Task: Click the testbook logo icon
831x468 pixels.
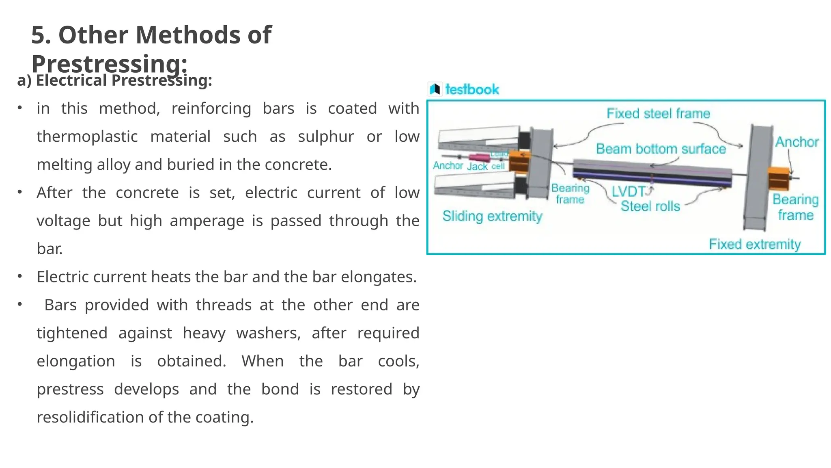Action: [x=435, y=89]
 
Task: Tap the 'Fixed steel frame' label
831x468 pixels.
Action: [x=658, y=113]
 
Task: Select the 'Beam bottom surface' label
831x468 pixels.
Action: [x=661, y=149]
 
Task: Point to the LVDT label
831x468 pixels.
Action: [x=628, y=191]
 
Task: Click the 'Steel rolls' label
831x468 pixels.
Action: [x=650, y=206]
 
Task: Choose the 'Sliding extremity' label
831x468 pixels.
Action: [x=492, y=216]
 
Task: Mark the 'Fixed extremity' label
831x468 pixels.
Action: [x=754, y=244]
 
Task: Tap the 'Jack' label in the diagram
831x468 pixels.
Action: [x=477, y=167]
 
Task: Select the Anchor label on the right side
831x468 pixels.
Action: [x=797, y=142]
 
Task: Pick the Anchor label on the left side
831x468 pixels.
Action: [x=448, y=165]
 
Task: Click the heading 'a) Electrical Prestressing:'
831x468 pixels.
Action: [x=114, y=80]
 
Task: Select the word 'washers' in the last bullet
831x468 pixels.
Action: [x=268, y=333]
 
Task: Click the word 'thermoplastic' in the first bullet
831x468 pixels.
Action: [x=87, y=136]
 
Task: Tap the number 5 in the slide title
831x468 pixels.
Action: [x=38, y=35]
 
